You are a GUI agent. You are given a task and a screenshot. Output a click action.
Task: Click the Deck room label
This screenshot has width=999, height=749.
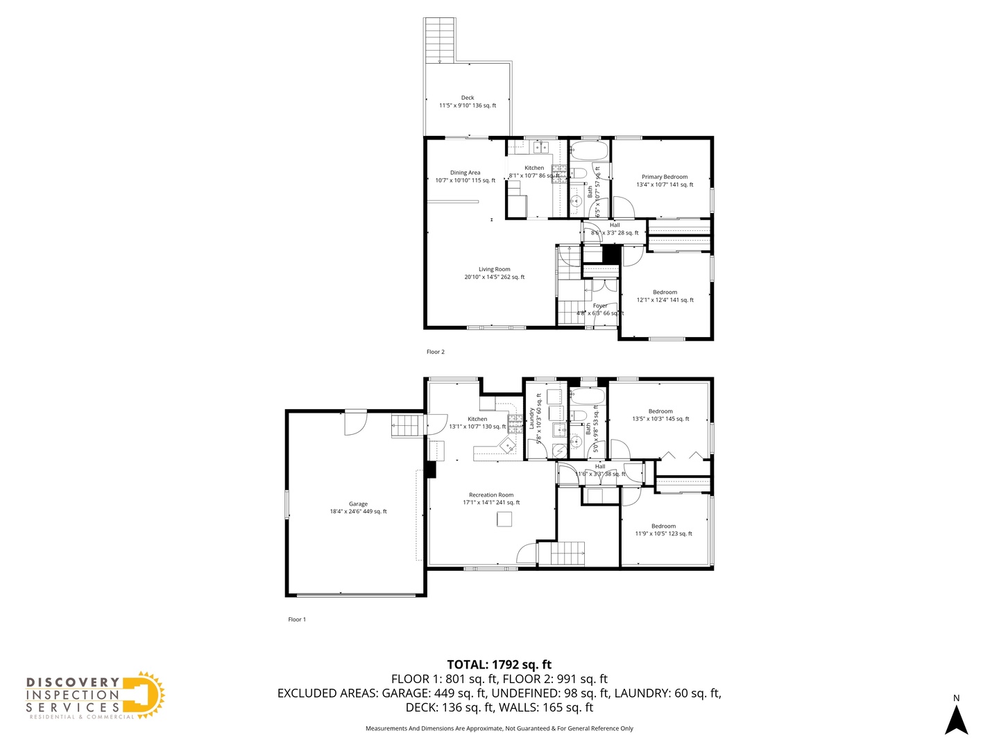[468, 102]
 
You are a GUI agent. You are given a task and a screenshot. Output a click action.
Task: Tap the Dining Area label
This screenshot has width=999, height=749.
[465, 177]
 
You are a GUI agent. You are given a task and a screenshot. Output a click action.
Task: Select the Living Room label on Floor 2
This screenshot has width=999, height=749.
[494, 273]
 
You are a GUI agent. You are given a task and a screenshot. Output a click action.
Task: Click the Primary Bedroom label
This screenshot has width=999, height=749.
[665, 181]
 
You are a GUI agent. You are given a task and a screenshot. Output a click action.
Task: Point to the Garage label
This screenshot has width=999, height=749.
[358, 508]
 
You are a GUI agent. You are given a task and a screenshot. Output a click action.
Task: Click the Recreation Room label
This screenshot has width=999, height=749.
[491, 499]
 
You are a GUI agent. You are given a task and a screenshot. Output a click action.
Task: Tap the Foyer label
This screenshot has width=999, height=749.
[600, 309]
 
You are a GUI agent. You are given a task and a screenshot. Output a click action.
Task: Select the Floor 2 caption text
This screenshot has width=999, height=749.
[435, 352]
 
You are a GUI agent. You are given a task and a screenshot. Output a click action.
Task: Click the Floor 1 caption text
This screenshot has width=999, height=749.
[297, 620]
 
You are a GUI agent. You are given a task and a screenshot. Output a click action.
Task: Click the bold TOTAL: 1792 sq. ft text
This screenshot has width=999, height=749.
[499, 664]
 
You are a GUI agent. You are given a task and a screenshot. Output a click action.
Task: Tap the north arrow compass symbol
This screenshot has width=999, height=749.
[956, 718]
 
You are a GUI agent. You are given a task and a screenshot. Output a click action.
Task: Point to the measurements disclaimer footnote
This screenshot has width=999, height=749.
[499, 729]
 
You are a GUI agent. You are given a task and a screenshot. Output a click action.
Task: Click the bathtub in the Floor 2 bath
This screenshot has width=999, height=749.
[589, 150]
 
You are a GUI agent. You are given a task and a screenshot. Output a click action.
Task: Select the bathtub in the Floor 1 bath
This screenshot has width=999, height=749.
[588, 397]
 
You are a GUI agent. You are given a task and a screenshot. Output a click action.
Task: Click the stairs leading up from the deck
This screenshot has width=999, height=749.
[440, 41]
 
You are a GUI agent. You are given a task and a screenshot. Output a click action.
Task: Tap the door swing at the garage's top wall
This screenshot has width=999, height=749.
[355, 423]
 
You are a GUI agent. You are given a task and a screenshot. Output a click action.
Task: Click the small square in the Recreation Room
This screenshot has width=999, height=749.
[504, 519]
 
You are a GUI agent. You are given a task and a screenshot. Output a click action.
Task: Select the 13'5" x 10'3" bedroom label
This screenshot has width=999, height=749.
[660, 415]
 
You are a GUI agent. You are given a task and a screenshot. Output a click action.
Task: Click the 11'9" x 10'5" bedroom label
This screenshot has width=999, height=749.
[663, 530]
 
